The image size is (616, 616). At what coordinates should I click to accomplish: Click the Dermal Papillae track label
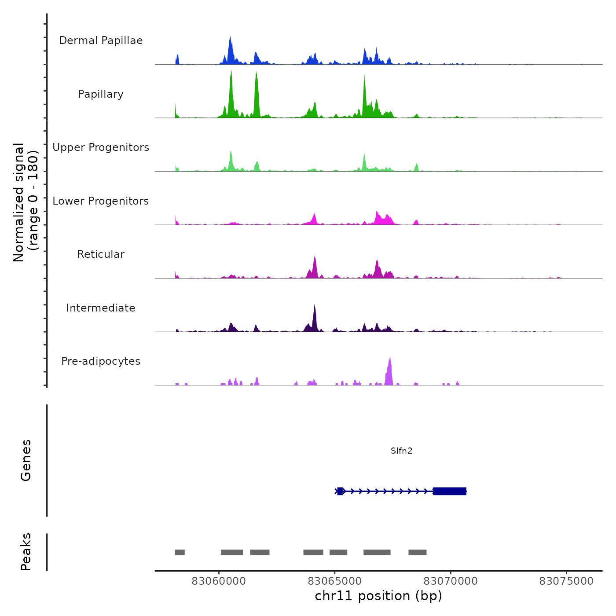pyautogui.click(x=101, y=40)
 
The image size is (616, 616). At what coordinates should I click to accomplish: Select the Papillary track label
pyautogui.click(x=101, y=94)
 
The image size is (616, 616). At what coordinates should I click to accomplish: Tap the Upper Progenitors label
pyautogui.click(x=101, y=147)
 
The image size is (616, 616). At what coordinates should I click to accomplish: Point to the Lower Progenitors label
pyautogui.click(x=101, y=201)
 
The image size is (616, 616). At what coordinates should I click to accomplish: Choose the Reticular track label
pyautogui.click(x=101, y=254)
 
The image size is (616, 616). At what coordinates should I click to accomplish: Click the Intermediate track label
pyautogui.click(x=101, y=308)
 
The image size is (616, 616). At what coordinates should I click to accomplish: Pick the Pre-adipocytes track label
pyautogui.click(x=101, y=361)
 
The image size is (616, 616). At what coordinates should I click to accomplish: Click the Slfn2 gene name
pyautogui.click(x=401, y=451)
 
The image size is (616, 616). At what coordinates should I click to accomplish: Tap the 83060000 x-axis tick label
pyautogui.click(x=219, y=581)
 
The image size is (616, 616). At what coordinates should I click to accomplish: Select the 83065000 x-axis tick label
pyautogui.click(x=334, y=581)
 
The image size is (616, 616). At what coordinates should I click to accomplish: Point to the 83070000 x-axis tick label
pyautogui.click(x=451, y=581)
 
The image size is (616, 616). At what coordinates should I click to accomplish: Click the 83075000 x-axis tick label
pyautogui.click(x=566, y=581)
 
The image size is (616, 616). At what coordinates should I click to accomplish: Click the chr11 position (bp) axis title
pyautogui.click(x=378, y=596)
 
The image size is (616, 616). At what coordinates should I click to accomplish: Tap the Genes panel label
pyautogui.click(x=26, y=460)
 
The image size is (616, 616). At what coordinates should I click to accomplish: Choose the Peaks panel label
pyautogui.click(x=26, y=552)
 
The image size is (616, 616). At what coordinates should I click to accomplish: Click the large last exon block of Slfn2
pyautogui.click(x=450, y=491)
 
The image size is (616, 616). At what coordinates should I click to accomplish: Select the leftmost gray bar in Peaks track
pyautogui.click(x=180, y=552)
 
